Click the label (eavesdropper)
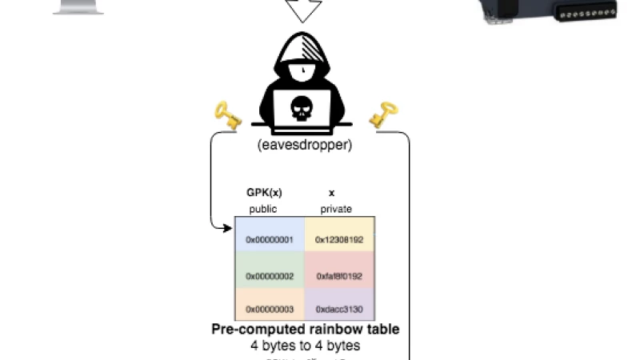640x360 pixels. pyautogui.click(x=304, y=146)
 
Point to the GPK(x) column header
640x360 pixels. pyautogui.click(x=263, y=193)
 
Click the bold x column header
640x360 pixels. pyautogui.click(x=331, y=193)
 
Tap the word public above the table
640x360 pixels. pyautogui.click(x=263, y=209)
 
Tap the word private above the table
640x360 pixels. pyautogui.click(x=335, y=209)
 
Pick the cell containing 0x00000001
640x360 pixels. pyautogui.click(x=270, y=239)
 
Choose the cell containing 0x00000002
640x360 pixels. pyautogui.click(x=270, y=276)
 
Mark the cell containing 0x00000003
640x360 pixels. pyautogui.click(x=270, y=309)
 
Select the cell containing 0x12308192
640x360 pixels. pyautogui.click(x=339, y=239)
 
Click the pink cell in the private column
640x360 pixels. pyautogui.click(x=339, y=276)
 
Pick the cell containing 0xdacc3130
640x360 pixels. pyautogui.click(x=339, y=309)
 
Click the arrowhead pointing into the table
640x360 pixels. pyautogui.click(x=230, y=228)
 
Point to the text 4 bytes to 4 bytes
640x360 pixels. pyautogui.click(x=305, y=346)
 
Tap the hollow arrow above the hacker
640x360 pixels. pyautogui.click(x=304, y=10)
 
